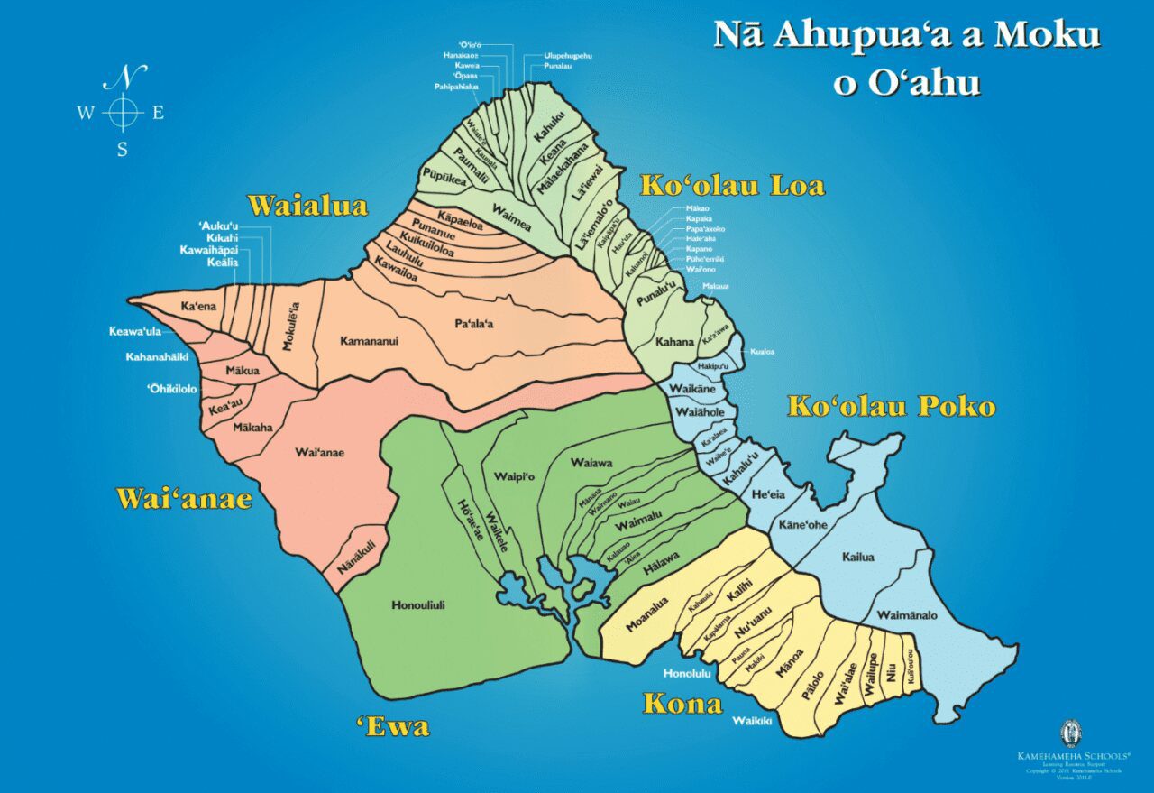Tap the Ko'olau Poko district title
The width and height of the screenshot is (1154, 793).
(x=891, y=406)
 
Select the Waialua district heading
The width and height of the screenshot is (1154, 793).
(x=307, y=206)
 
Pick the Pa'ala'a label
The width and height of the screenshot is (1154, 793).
(x=474, y=322)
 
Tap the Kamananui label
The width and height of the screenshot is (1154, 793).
(x=369, y=341)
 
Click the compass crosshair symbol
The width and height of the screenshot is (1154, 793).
(x=123, y=113)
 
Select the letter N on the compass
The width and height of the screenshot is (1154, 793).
(x=124, y=78)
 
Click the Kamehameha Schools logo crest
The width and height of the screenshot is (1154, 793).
(x=1072, y=732)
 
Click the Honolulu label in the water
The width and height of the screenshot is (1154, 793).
(x=687, y=673)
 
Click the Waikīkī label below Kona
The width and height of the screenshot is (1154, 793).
(x=752, y=721)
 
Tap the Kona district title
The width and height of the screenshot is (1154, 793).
(x=682, y=704)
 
